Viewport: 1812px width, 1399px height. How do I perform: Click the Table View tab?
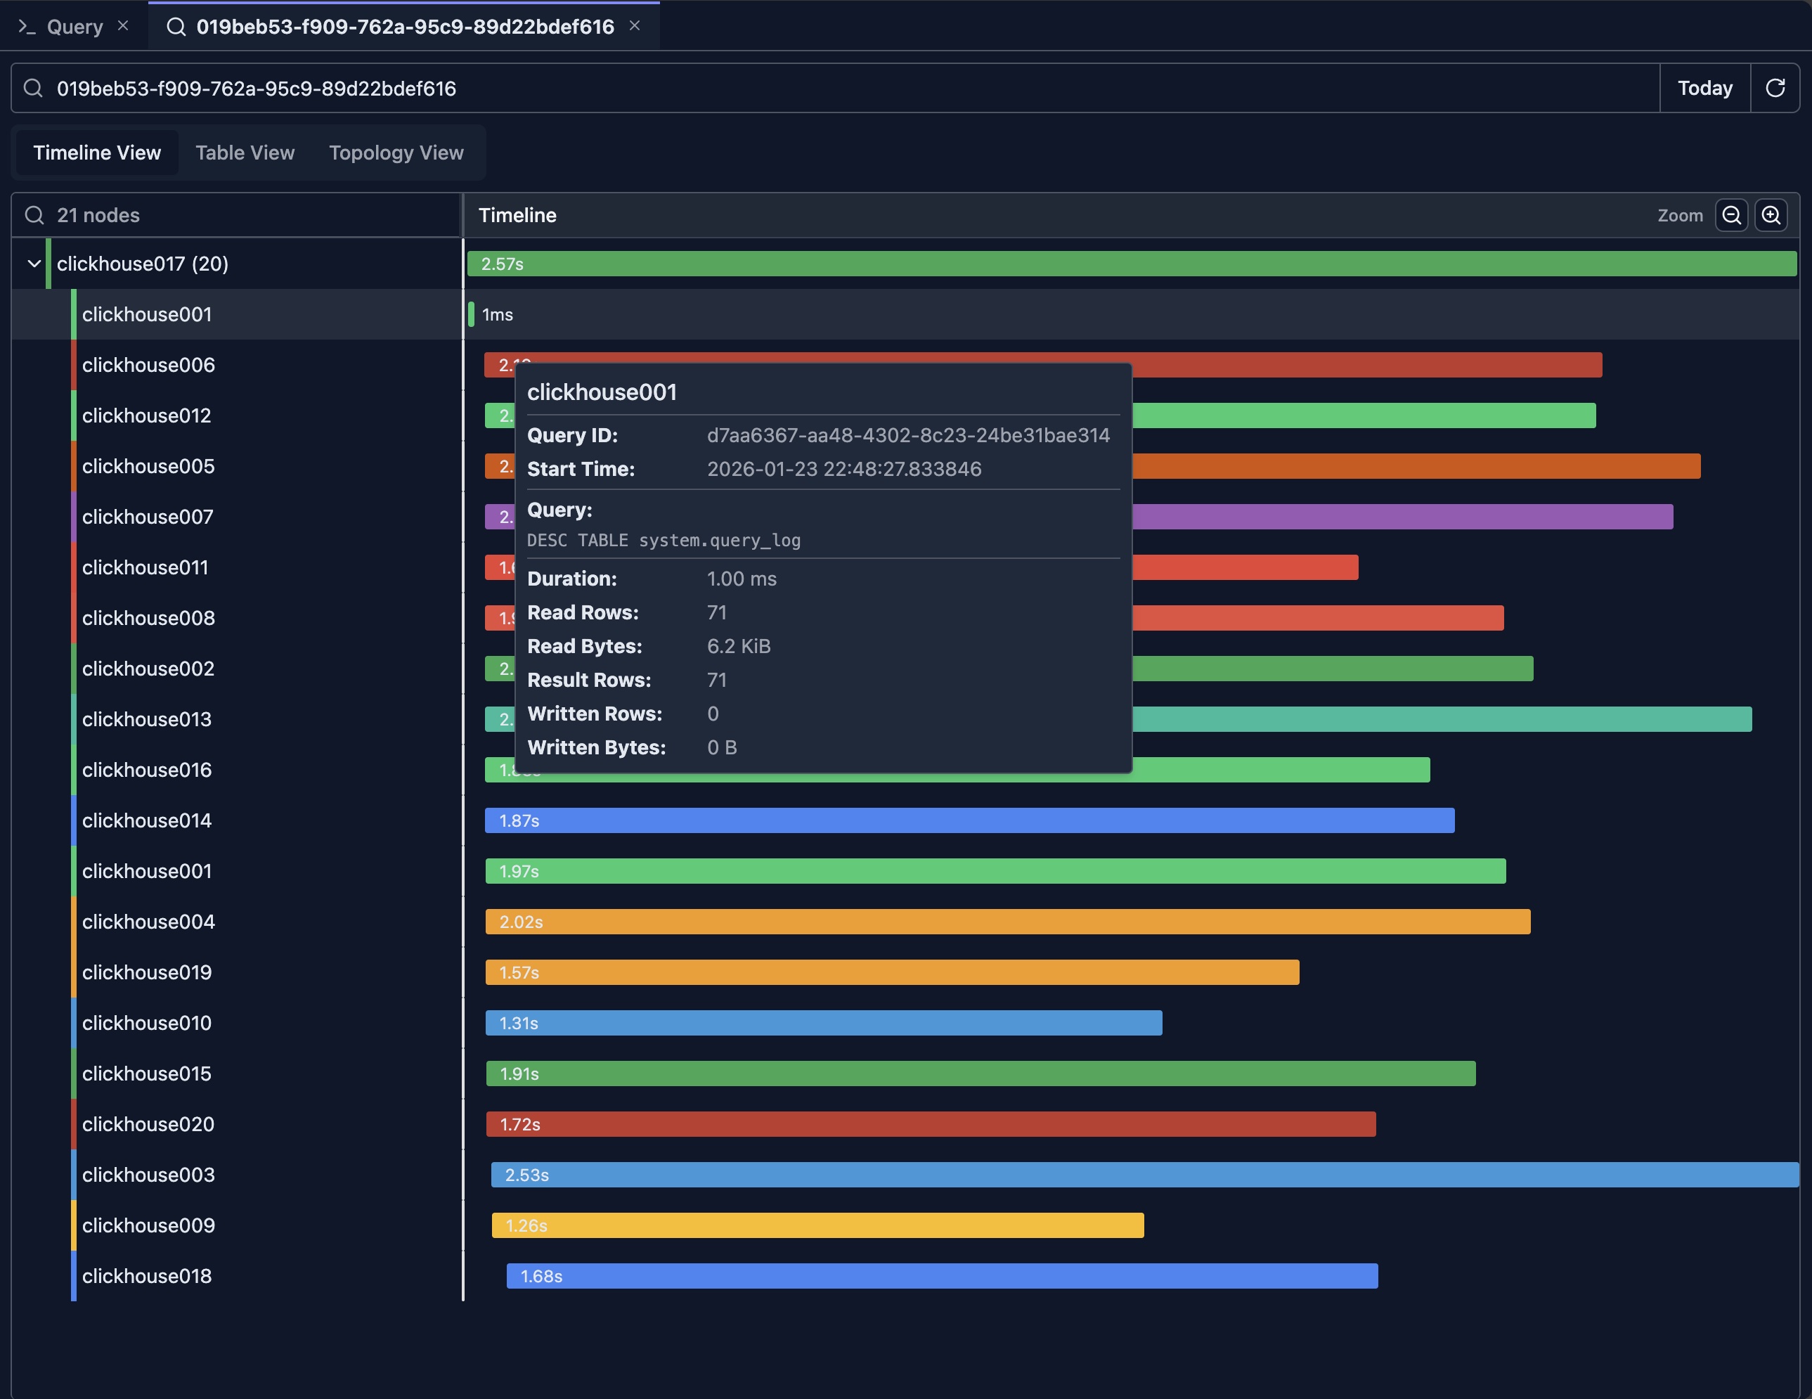245,153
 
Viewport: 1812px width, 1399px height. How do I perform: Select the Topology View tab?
396,153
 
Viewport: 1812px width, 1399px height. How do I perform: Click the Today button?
1704,88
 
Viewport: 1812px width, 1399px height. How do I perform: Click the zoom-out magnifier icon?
1730,216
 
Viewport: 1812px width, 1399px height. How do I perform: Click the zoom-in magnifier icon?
1771,216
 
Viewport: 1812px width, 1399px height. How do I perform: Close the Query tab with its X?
123,26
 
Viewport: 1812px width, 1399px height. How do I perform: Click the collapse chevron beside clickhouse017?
34,264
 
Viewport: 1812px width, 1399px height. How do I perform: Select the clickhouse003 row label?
148,1175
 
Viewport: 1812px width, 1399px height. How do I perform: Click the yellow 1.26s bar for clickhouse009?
817,1225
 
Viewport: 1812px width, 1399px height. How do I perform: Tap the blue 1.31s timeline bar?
823,1023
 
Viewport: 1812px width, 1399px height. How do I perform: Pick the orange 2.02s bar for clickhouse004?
1007,922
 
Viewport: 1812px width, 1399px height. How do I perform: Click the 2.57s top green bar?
1131,264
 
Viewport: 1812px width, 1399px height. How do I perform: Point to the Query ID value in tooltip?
907,436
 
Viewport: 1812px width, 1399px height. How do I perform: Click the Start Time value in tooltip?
843,470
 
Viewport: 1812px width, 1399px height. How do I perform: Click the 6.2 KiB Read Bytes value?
739,646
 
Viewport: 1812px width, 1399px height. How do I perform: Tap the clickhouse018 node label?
147,1276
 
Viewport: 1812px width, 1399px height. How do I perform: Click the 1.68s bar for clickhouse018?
942,1276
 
